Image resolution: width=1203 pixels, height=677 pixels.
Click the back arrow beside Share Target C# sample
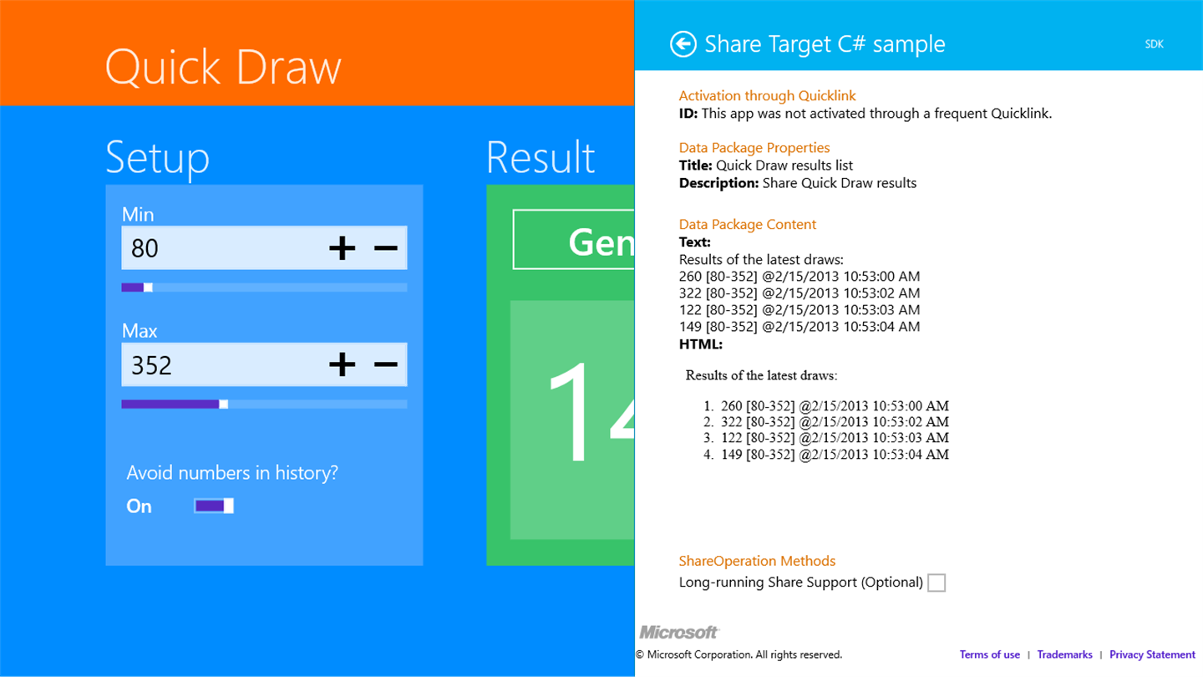(x=683, y=43)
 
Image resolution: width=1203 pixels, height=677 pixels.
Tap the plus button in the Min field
(x=343, y=248)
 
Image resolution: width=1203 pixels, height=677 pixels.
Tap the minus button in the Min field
(x=386, y=248)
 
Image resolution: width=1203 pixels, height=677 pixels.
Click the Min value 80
(x=145, y=248)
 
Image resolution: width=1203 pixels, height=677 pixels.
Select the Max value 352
(x=151, y=365)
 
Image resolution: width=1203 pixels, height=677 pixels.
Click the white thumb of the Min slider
(x=148, y=288)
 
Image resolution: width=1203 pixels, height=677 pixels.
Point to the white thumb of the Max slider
(x=223, y=404)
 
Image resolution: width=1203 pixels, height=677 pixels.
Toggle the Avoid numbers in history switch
(x=214, y=506)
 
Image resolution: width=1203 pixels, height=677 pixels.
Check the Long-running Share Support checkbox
(x=937, y=583)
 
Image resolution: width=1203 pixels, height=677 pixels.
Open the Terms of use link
(x=989, y=654)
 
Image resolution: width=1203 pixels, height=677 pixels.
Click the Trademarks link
(x=1064, y=654)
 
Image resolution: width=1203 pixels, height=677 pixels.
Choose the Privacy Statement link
(x=1152, y=654)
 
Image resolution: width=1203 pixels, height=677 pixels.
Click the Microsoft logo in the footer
(x=679, y=632)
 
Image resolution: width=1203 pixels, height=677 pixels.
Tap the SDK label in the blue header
(x=1155, y=44)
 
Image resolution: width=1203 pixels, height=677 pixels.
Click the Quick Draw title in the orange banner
(x=223, y=68)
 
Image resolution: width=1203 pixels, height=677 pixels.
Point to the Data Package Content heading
(x=747, y=224)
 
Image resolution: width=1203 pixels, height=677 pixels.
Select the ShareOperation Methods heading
(x=757, y=561)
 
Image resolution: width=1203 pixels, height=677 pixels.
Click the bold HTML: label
(x=700, y=344)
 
